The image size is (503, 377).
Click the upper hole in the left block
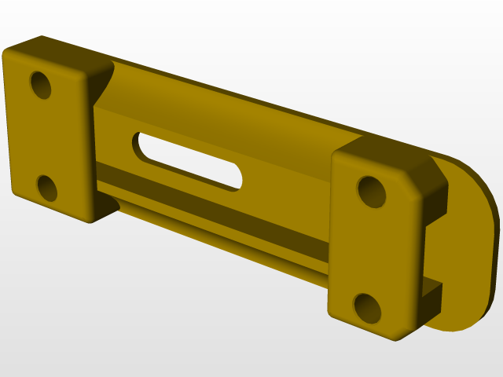[41, 85]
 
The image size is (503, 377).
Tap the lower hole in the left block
[47, 188]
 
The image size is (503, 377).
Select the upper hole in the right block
[373, 192]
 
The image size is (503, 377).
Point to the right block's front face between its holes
[369, 250]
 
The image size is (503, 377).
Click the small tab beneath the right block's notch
[432, 295]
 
